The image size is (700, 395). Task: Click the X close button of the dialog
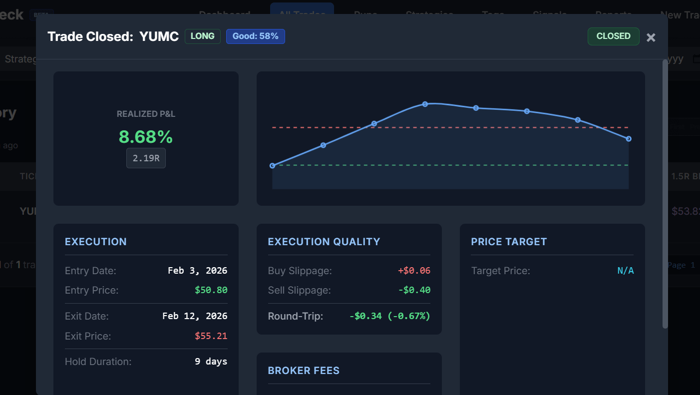pos(651,37)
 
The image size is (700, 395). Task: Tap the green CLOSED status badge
pos(613,36)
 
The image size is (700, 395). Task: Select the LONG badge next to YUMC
pos(202,36)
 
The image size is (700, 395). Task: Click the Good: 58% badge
pos(255,36)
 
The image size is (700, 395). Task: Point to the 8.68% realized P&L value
pos(146,137)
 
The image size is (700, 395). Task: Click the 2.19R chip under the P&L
pos(146,158)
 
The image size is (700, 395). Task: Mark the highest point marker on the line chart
pos(425,104)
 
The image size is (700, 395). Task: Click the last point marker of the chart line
pos(629,139)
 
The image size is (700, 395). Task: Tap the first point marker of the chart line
pos(272,166)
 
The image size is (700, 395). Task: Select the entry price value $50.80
pos(211,290)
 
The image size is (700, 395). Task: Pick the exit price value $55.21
pos(211,336)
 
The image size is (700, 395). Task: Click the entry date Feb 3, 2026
pos(197,271)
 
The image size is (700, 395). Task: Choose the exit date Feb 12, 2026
pos(195,316)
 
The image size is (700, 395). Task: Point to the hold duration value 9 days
pos(211,362)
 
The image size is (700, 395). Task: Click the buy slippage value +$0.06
pos(414,271)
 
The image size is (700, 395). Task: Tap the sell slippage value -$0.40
pos(414,290)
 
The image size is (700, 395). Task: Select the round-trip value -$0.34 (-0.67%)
pos(389,316)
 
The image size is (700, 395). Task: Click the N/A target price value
pos(625,271)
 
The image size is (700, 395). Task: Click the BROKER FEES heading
pos(304,371)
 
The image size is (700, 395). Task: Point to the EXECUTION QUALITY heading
pos(324,242)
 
